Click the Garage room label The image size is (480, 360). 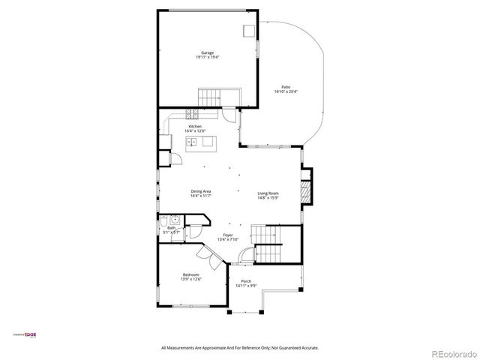point(207,52)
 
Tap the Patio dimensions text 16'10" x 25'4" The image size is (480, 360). point(286,92)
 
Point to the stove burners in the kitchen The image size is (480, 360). point(193,114)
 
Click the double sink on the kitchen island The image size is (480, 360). point(192,141)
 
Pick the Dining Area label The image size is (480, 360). point(200,191)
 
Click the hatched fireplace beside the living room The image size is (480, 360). point(304,190)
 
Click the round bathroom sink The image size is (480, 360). point(174,220)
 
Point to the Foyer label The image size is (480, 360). point(226,235)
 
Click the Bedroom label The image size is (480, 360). point(190,274)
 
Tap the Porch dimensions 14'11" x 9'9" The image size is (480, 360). point(246,286)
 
